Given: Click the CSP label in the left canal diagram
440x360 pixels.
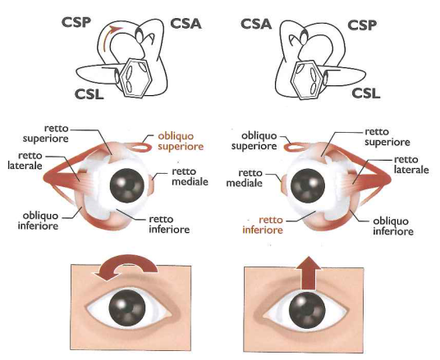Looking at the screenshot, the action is (x=76, y=23).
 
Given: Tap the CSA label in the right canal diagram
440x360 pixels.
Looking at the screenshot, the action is (x=256, y=24).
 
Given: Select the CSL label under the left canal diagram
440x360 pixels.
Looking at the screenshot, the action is (x=89, y=94).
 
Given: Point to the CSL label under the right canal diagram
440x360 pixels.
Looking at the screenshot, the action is (x=365, y=93).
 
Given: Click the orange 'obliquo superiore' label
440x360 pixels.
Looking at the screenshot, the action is (x=181, y=141).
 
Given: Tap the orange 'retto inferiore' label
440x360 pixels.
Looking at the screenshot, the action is (x=263, y=226).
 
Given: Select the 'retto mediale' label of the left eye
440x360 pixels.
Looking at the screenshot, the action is (x=190, y=176).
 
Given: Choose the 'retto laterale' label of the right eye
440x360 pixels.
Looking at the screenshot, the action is (x=411, y=165).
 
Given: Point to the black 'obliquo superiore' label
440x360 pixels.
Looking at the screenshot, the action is (x=254, y=141).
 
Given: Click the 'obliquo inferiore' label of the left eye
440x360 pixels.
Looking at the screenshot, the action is (x=38, y=221).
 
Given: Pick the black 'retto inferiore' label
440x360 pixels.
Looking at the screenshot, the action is (x=169, y=225).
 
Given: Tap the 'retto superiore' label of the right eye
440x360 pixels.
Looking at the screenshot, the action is (x=387, y=137).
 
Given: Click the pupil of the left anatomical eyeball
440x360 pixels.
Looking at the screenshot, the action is (x=127, y=185).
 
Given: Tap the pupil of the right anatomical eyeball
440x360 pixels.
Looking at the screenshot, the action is (x=308, y=185).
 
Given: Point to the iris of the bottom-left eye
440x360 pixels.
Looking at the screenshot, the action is (x=127, y=308).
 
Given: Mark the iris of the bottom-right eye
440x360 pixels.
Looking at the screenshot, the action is (x=307, y=311).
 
